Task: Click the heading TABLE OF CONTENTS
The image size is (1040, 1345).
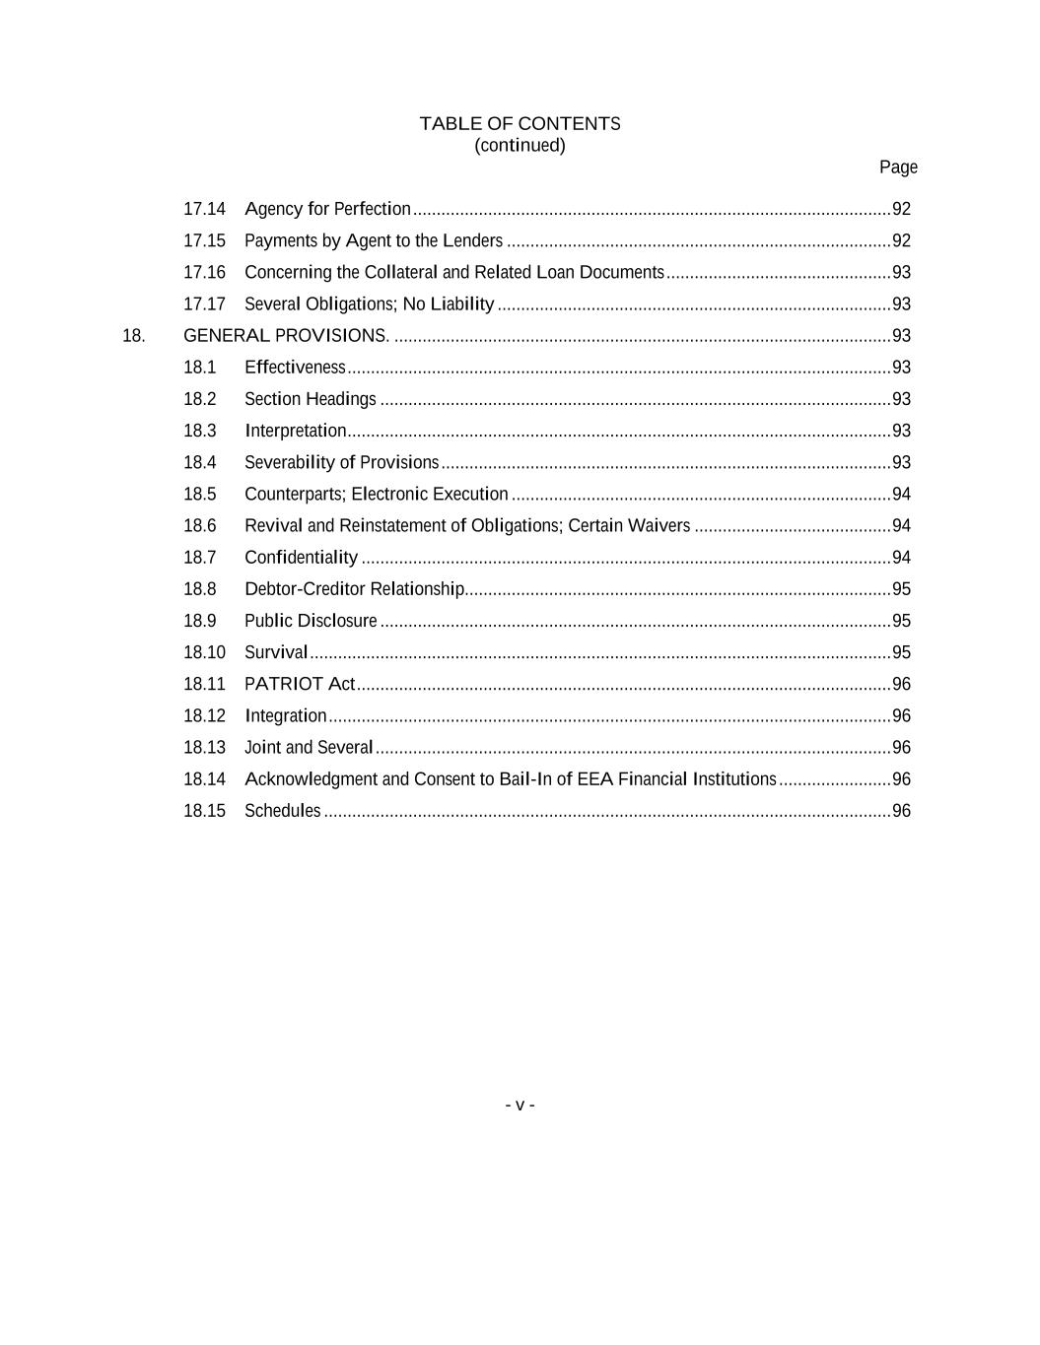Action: pyautogui.click(x=520, y=124)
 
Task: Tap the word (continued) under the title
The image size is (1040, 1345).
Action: pyautogui.click(x=520, y=146)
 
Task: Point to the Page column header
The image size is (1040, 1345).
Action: pyautogui.click(x=898, y=168)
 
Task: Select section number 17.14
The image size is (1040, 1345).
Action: pyautogui.click(x=204, y=209)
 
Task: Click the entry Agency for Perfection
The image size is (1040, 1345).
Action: pyautogui.click(x=327, y=209)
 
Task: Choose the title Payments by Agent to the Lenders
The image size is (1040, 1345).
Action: pyautogui.click(x=374, y=240)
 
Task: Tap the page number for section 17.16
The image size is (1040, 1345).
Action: pyautogui.click(x=901, y=272)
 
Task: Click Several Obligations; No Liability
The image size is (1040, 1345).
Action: pyautogui.click(x=369, y=303)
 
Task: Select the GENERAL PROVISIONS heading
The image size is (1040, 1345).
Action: pyautogui.click(x=286, y=336)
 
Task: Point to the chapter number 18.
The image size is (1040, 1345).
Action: pyautogui.click(x=133, y=336)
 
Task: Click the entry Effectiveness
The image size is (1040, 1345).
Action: pyautogui.click(x=295, y=368)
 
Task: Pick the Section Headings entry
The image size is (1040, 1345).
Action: pyautogui.click(x=311, y=399)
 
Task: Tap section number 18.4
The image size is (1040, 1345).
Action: pyautogui.click(x=200, y=462)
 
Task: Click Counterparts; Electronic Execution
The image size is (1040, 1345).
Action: pyautogui.click(x=377, y=494)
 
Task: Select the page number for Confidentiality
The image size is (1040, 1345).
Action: pyautogui.click(x=901, y=558)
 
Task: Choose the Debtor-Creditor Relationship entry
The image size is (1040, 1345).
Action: pyautogui.click(x=354, y=589)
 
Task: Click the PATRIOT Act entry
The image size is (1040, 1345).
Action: pyautogui.click(x=300, y=684)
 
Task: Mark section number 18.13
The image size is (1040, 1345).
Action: pyautogui.click(x=204, y=747)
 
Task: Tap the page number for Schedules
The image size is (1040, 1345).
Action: pyautogui.click(x=901, y=811)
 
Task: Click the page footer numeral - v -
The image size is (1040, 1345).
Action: pyautogui.click(x=520, y=1105)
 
